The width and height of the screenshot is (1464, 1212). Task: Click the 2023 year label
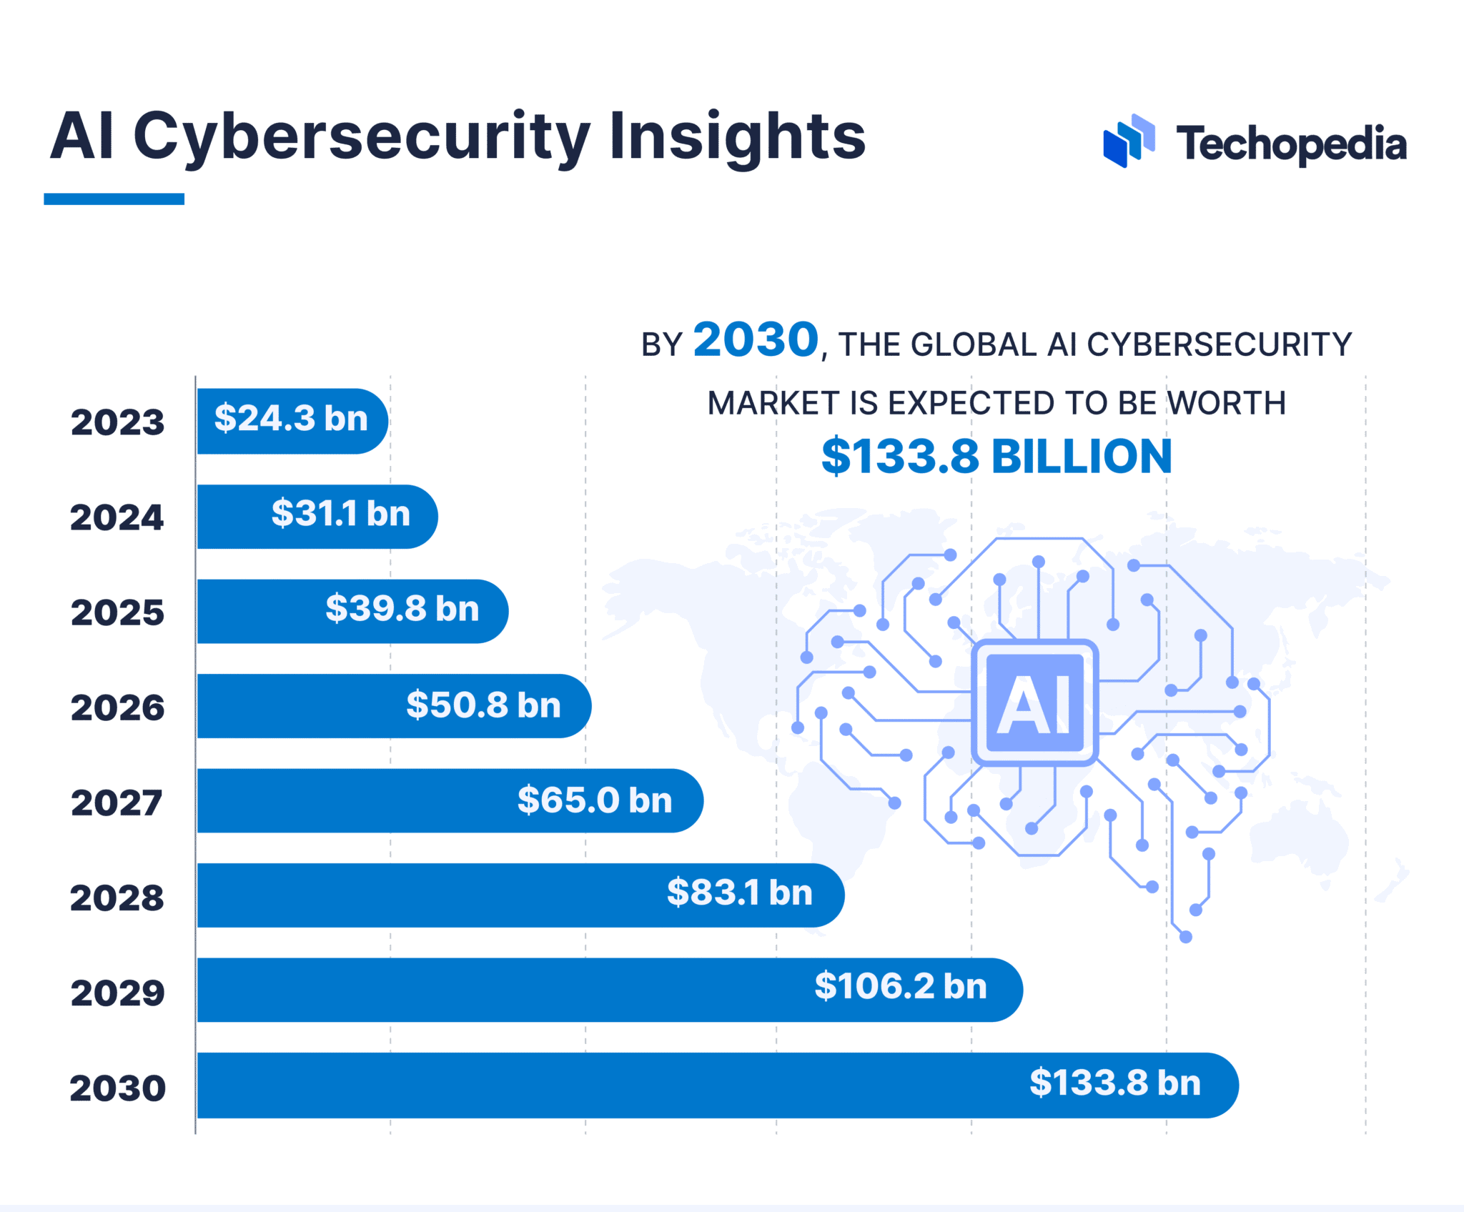coord(117,422)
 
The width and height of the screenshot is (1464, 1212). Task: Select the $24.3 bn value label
coord(291,419)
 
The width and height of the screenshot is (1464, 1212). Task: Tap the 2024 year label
coord(117,517)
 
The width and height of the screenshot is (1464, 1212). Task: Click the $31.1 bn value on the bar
coord(341,514)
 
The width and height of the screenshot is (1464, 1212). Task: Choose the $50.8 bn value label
coord(483,705)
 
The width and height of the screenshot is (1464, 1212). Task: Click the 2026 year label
coord(117,707)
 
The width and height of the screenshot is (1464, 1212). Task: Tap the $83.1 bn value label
coord(740,893)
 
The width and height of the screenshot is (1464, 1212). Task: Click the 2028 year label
coord(117,898)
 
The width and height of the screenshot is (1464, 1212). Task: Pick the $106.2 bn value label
coord(901,987)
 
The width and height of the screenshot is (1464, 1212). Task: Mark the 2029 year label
coord(117,993)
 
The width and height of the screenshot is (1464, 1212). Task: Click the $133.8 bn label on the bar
coord(1115,1083)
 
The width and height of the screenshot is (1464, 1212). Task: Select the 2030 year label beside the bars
coord(117,1088)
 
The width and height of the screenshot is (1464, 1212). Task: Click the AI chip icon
coord(1034,703)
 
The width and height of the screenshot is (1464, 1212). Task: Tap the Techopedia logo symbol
coord(1129,141)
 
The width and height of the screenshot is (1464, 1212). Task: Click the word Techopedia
coord(1291,144)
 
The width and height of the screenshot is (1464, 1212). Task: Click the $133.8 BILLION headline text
coord(996,457)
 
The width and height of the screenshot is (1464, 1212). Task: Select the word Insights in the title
coord(737,137)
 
